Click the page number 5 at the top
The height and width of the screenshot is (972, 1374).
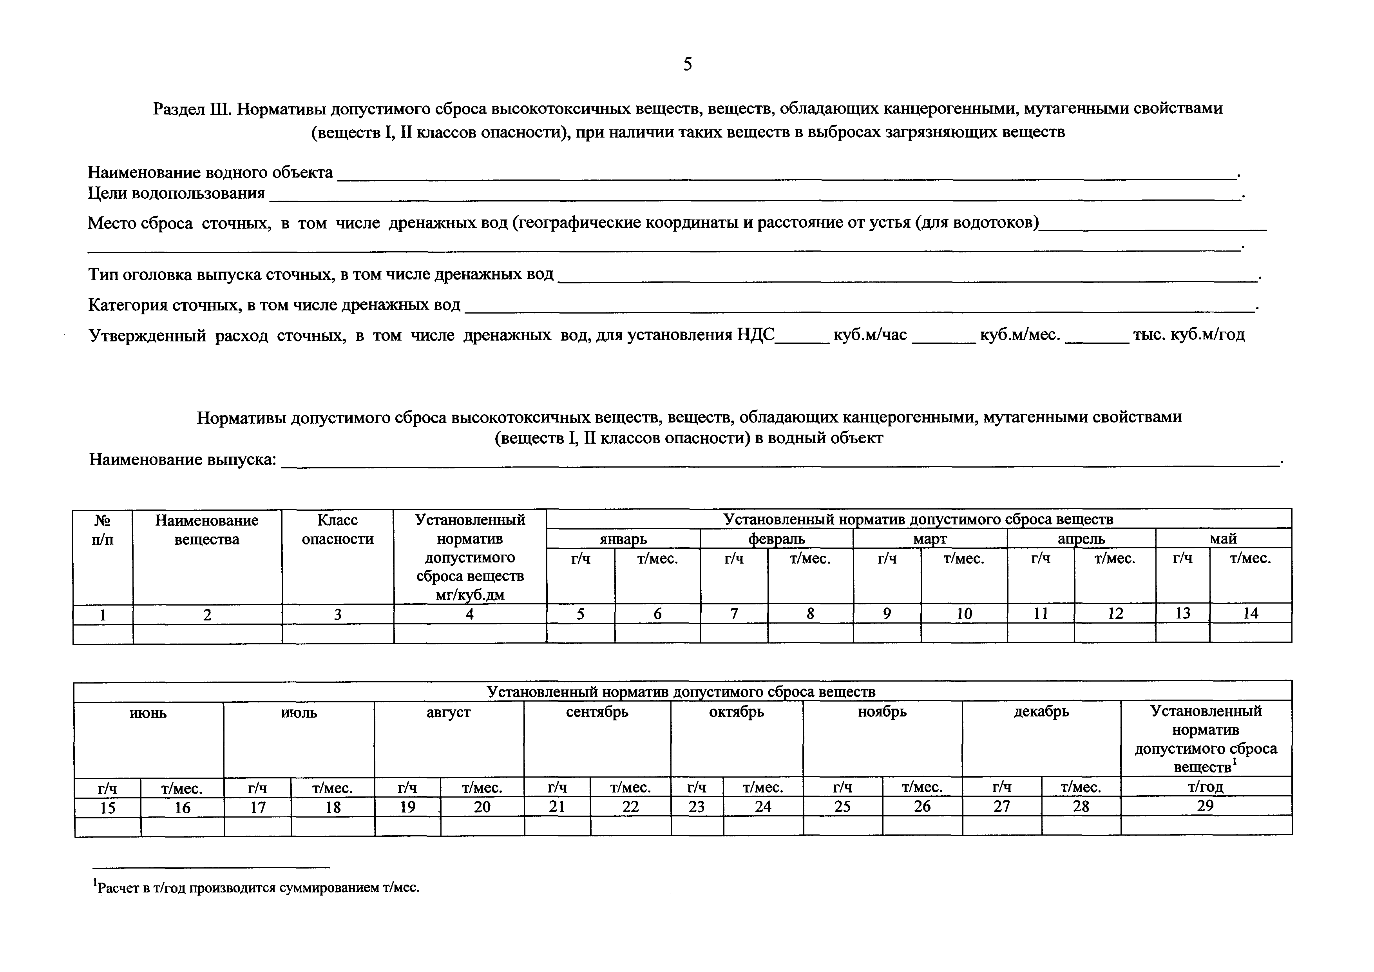[687, 64]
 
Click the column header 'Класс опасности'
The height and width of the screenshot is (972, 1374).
[337, 530]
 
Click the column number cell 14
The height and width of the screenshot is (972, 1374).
[1250, 613]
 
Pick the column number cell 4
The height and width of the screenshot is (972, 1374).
[470, 614]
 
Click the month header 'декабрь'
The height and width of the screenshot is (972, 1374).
[1041, 712]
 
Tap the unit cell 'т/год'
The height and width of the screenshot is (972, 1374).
[1205, 787]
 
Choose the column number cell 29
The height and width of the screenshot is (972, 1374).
[1205, 806]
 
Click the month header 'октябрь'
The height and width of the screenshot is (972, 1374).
[737, 712]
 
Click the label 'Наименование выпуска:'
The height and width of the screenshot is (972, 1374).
[183, 460]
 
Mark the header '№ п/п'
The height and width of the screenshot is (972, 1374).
[103, 530]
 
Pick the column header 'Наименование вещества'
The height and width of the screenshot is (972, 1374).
[207, 530]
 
